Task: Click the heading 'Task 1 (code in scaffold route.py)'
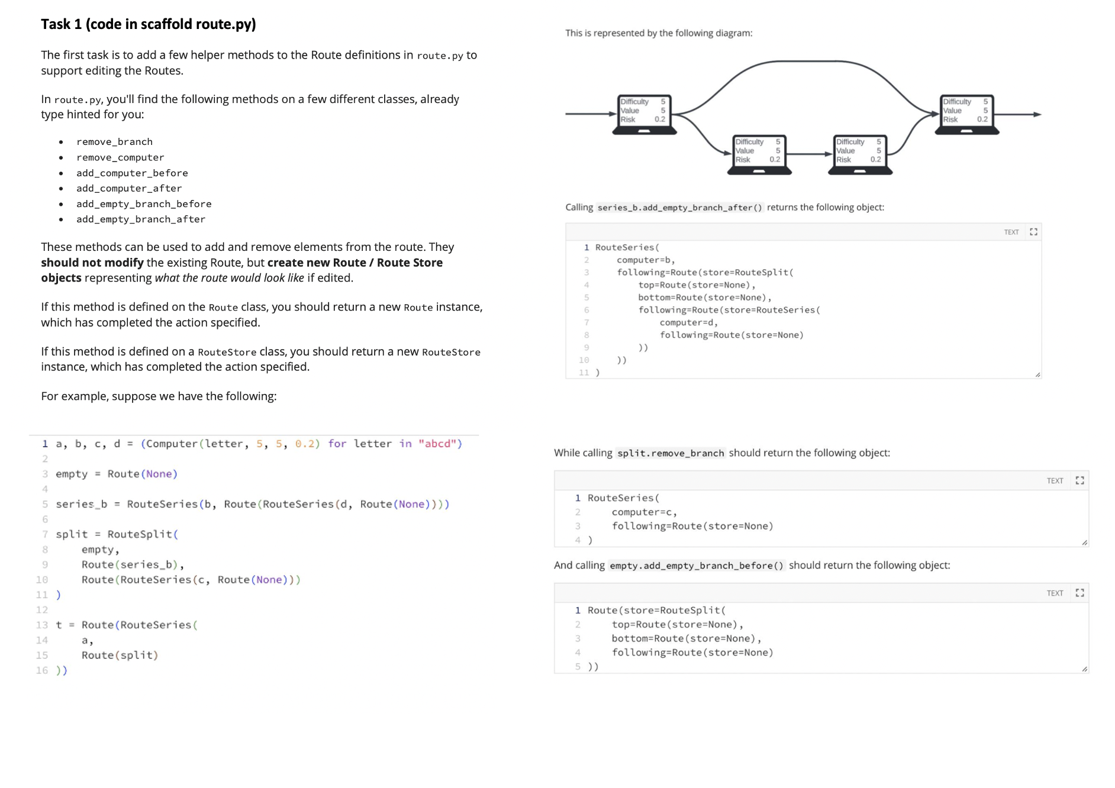[149, 24]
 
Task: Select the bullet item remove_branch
[114, 142]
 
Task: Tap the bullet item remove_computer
[120, 157]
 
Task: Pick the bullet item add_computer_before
[132, 173]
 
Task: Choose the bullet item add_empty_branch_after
[141, 219]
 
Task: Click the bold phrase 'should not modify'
[92, 263]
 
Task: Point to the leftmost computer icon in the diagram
[644, 114]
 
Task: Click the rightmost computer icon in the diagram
[966, 114]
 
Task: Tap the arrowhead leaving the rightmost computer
[1037, 114]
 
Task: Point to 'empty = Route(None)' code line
[117, 474]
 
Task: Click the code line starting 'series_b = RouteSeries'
[252, 504]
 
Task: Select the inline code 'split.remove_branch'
[671, 453]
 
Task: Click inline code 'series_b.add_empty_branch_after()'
[679, 208]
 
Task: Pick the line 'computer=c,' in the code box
[644, 512]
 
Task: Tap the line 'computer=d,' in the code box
[688, 322]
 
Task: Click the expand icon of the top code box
[1033, 232]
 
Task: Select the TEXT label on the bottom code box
[1055, 593]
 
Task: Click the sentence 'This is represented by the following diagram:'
[659, 33]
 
